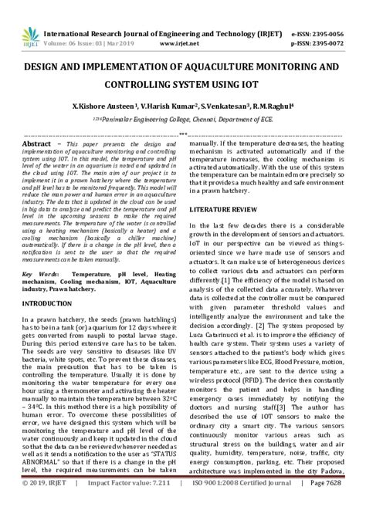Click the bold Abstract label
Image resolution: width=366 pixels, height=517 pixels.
pos(37,144)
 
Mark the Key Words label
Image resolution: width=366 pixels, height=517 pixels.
pos(39,275)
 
